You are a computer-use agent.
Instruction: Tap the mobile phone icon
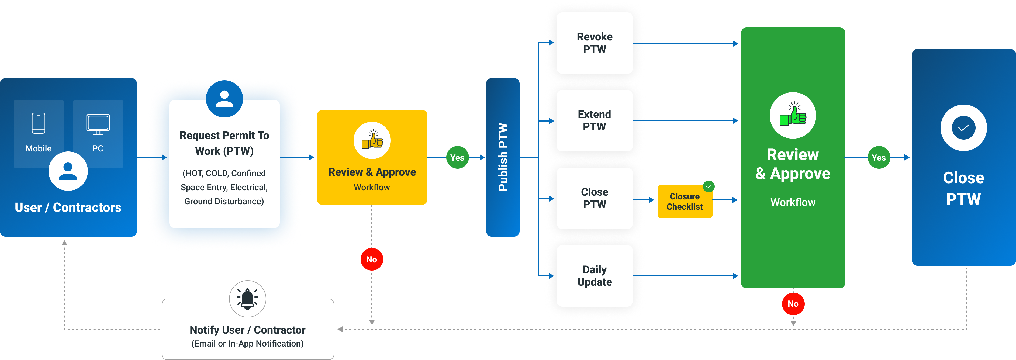coord(39,123)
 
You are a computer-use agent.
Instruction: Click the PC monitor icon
coord(98,124)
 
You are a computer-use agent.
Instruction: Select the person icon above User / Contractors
coord(68,171)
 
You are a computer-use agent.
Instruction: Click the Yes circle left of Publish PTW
coord(457,157)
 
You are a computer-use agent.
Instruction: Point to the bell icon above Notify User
coord(247,299)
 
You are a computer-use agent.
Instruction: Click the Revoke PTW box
coord(595,43)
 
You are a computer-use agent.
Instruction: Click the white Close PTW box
coord(595,198)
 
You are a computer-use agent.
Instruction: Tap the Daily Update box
coord(595,276)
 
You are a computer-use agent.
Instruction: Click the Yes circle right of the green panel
coord(879,157)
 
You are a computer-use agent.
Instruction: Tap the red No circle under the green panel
coord(793,304)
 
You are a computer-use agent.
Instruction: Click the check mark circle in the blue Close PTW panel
coord(963,128)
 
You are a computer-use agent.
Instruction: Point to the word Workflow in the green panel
coord(793,202)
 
